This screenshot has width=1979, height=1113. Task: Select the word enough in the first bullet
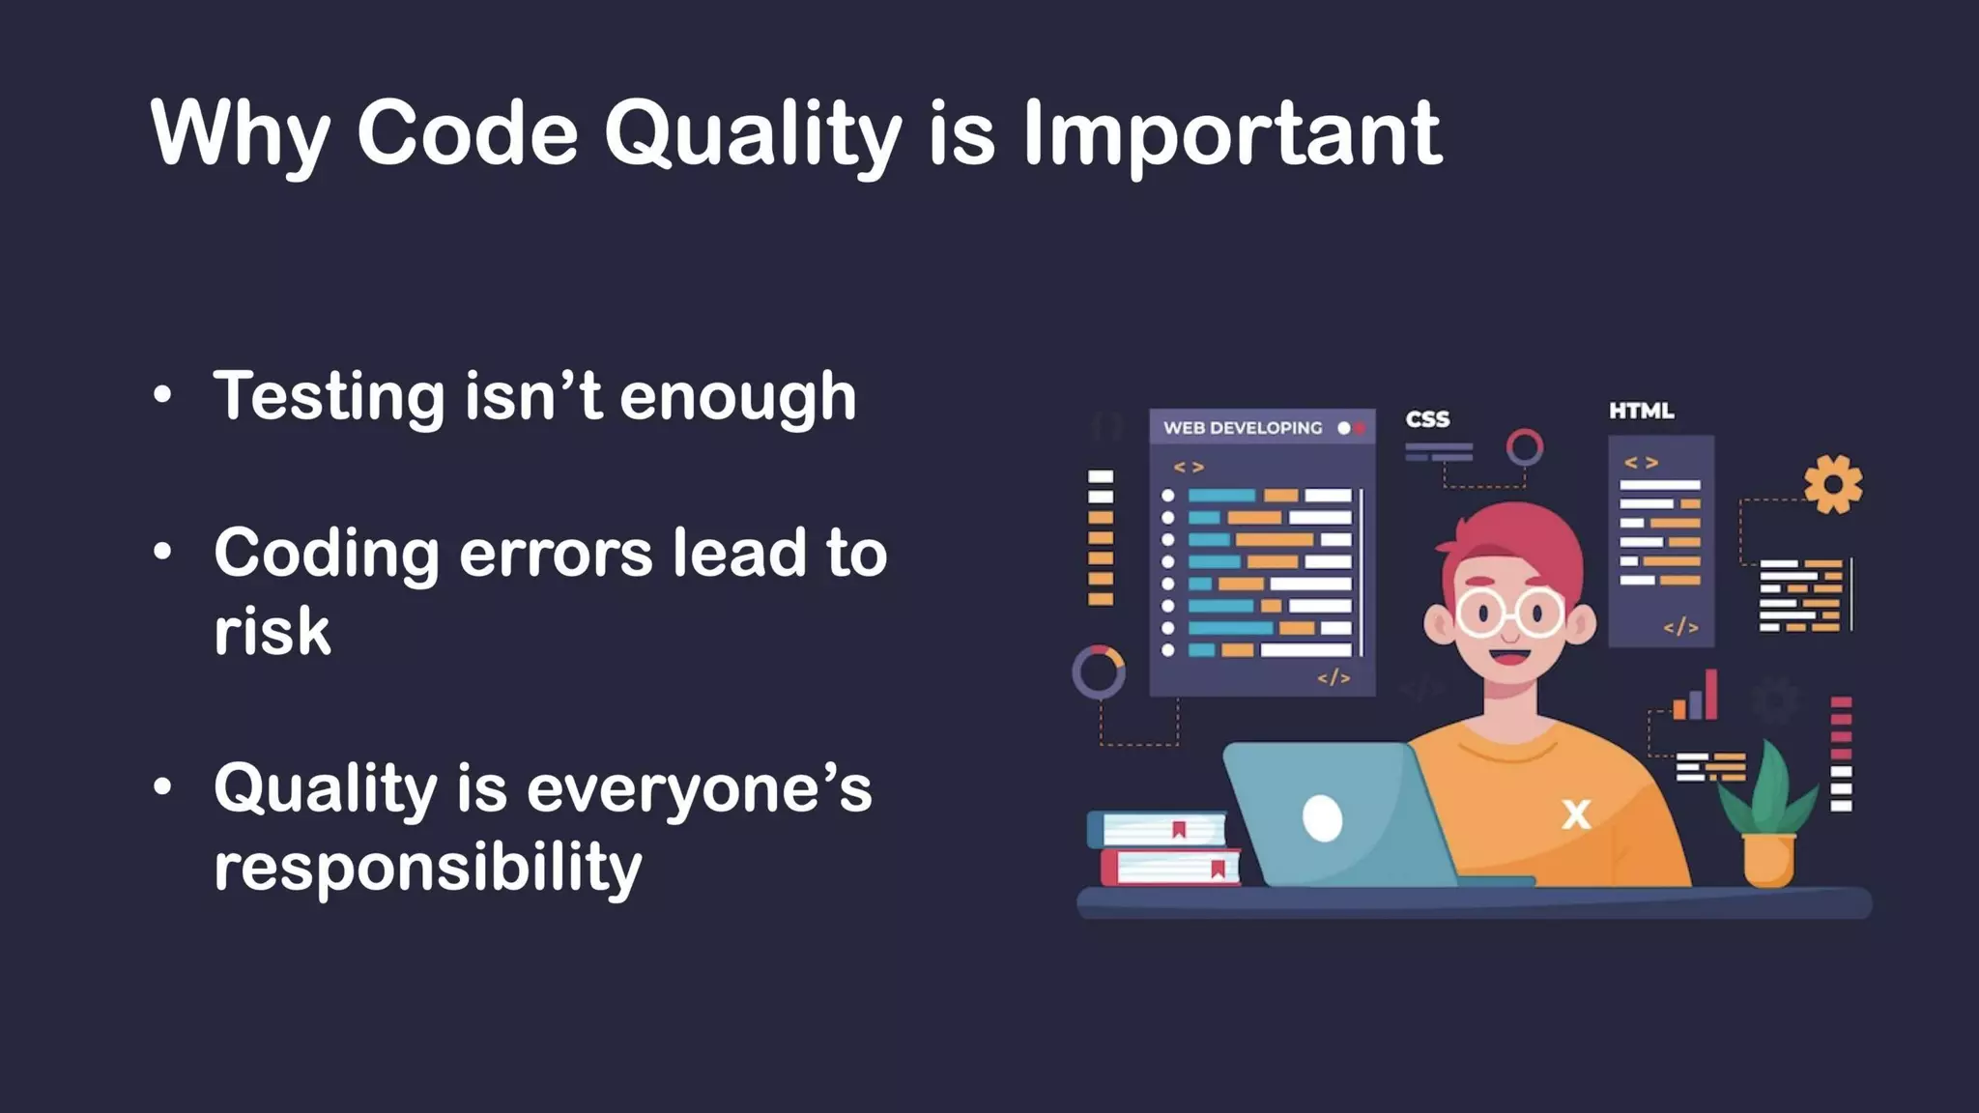[738, 396]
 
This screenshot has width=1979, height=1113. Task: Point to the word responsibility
[427, 867]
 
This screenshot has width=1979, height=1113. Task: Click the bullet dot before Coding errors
[162, 552]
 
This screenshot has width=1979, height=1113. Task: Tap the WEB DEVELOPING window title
[1242, 428]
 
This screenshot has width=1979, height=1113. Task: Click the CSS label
[1427, 419]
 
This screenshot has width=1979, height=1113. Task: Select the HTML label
[1641, 411]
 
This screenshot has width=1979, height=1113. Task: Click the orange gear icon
[1833, 484]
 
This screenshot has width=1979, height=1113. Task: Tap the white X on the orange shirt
[1576, 814]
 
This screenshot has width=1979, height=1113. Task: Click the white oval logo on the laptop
[1322, 818]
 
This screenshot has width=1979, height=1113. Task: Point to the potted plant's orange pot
[1768, 859]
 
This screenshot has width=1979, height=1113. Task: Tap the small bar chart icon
[1696, 698]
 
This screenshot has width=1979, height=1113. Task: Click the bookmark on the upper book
[1179, 829]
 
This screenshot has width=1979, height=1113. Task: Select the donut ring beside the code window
[1099, 671]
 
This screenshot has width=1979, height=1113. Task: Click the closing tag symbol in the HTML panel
[1680, 627]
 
